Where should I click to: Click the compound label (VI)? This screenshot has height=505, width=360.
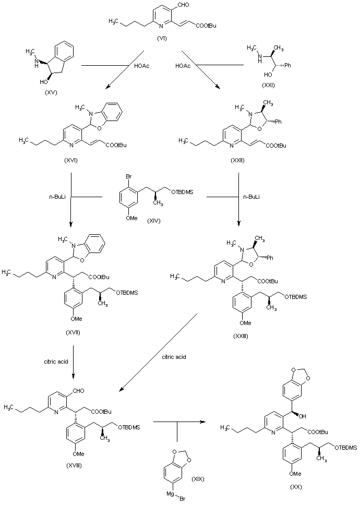tap(176, 39)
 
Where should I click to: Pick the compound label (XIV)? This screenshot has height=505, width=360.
tap(154, 220)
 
